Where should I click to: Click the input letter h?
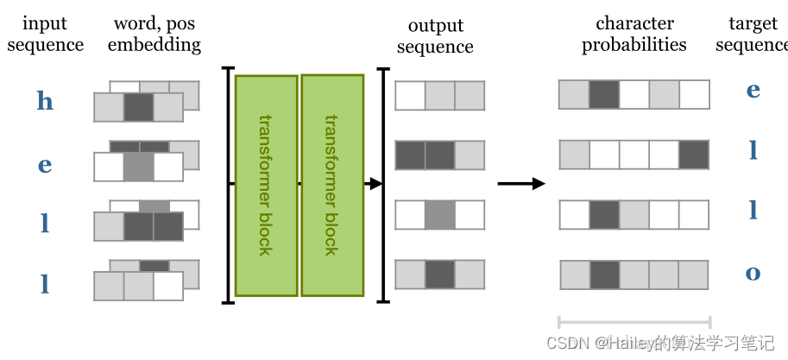[x=45, y=101]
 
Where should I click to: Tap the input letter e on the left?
[x=45, y=165]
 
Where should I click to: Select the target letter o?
[x=753, y=273]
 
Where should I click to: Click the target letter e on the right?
[x=753, y=90]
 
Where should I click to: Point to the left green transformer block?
[x=266, y=185]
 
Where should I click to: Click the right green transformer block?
[x=331, y=184]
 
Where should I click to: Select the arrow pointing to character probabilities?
[x=521, y=183]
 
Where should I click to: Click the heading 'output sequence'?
[x=435, y=35]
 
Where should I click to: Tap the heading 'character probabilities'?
[x=634, y=34]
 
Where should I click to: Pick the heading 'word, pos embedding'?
[x=154, y=34]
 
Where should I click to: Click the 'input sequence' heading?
[x=45, y=34]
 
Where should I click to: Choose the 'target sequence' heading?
[x=752, y=34]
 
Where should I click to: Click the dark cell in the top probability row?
[x=604, y=95]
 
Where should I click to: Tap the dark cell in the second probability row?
[x=694, y=155]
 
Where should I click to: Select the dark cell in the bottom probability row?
[x=604, y=275]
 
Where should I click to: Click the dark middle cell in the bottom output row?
[x=439, y=274]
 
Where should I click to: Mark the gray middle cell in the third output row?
[x=439, y=214]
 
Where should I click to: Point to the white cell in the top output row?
[x=410, y=95]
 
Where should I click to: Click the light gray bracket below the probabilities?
[x=634, y=321]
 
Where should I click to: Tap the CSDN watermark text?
[x=660, y=343]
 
